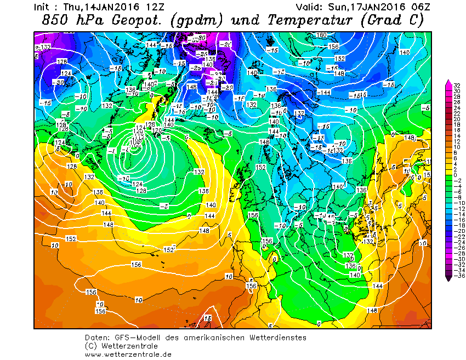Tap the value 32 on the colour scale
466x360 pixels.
pyautogui.click(x=456, y=86)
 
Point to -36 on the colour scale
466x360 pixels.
pyautogui.click(x=457, y=276)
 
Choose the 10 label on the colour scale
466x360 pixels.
pyautogui.click(x=456, y=147)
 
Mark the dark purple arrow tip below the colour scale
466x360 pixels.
pyautogui.click(x=449, y=278)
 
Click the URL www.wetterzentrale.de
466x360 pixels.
pyautogui.click(x=128, y=354)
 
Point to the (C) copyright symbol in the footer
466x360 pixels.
pyautogui.click(x=91, y=346)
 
